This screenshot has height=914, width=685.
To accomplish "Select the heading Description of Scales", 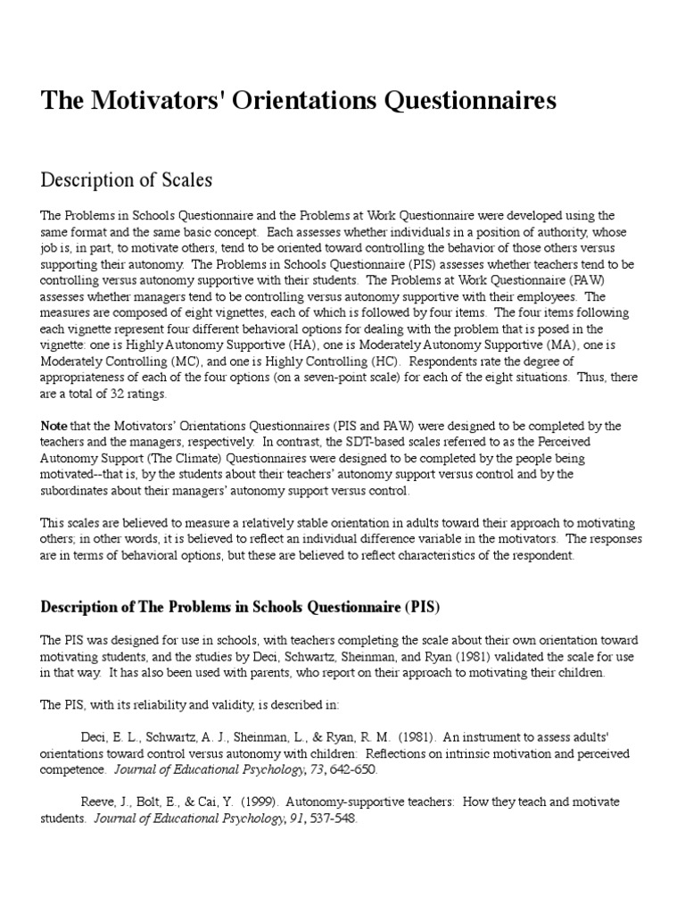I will [127, 179].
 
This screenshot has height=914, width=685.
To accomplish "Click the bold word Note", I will [54, 426].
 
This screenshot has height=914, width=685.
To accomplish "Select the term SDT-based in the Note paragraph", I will [337, 442].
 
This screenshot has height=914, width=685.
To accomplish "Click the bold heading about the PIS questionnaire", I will [241, 606].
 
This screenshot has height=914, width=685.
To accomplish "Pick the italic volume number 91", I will [293, 818].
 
